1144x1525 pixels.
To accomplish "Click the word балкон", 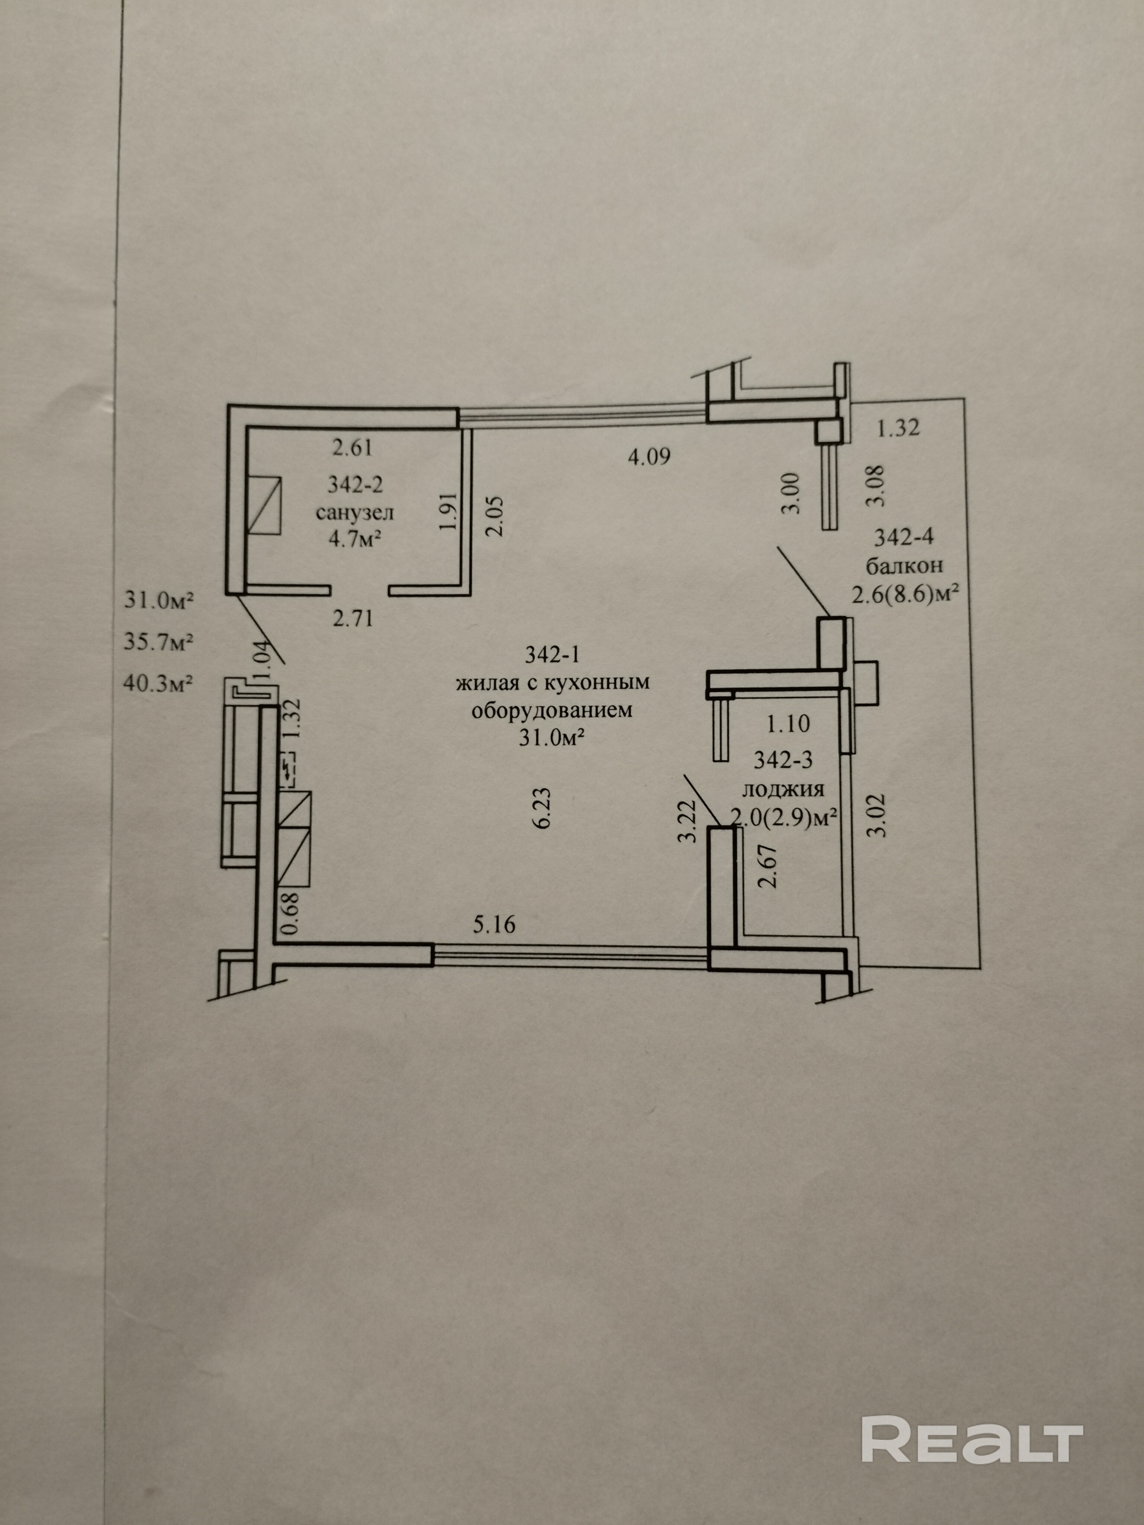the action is [x=904, y=566].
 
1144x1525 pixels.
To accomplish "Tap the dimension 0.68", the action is [x=291, y=914].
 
